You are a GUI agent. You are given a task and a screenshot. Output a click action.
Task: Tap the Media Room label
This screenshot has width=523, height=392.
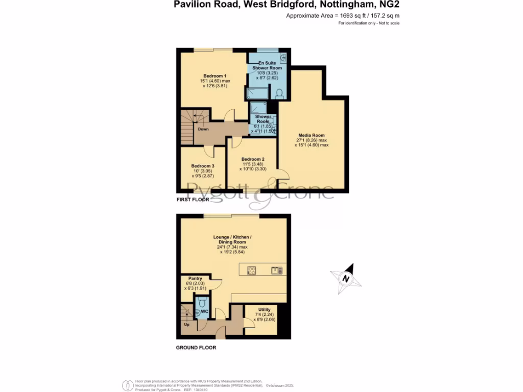click(x=312, y=135)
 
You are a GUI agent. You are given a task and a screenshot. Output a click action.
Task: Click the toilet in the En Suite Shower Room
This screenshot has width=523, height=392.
click(x=279, y=93)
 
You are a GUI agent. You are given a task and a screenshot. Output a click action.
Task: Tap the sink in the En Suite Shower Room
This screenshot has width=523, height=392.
click(x=283, y=58)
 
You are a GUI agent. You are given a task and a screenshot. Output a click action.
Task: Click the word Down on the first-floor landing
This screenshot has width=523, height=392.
click(x=203, y=129)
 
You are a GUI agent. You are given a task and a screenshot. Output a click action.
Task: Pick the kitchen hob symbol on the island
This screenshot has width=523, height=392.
click(x=251, y=271)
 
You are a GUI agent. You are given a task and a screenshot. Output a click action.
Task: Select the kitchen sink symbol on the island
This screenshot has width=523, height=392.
click(x=277, y=271)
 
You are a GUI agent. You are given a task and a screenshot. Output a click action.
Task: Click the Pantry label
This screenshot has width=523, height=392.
click(x=196, y=279)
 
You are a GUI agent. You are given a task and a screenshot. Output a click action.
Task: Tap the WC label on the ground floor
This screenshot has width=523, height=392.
click(x=204, y=311)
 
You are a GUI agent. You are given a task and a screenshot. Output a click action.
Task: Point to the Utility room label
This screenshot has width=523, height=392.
click(x=264, y=310)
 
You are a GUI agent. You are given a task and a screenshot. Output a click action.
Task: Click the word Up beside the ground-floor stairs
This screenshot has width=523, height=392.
click(x=186, y=324)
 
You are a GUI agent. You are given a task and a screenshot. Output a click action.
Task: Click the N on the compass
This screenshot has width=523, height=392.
click(x=346, y=279)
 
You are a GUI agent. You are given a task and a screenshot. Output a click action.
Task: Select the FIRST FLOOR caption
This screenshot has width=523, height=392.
click(x=193, y=200)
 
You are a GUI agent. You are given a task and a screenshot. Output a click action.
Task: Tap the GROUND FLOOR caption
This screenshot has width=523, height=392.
click(x=196, y=348)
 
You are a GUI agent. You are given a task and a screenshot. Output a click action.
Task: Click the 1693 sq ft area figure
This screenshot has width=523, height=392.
click(x=352, y=16)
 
